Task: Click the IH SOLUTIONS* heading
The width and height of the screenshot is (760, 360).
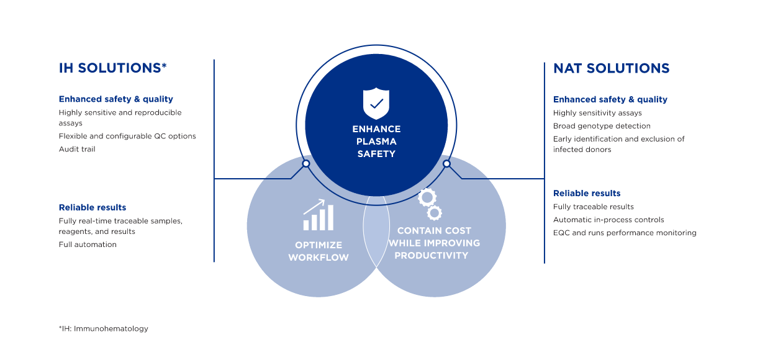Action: (112, 68)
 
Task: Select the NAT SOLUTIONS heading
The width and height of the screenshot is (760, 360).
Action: (612, 68)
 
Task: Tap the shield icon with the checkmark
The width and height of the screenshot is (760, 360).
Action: (376, 104)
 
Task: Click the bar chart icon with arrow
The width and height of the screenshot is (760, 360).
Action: (319, 215)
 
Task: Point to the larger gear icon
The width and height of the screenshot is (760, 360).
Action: (427, 197)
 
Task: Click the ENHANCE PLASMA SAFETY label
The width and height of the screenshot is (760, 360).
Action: (376, 142)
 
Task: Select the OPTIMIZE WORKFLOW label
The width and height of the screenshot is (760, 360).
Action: (319, 251)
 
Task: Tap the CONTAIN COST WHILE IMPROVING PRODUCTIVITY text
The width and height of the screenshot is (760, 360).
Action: (434, 243)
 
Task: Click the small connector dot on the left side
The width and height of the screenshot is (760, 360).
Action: (306, 164)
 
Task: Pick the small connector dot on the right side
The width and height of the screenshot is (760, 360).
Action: (447, 164)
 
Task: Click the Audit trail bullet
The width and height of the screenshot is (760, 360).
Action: (77, 150)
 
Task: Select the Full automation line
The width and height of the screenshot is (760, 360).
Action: (88, 245)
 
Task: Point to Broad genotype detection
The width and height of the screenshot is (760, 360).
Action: (602, 126)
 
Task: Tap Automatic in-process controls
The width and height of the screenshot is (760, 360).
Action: (608, 220)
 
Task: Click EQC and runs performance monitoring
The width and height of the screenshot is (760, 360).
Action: (625, 233)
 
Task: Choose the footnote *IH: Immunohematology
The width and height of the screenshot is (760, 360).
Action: (104, 328)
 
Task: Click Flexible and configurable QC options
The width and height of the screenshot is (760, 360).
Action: (127, 137)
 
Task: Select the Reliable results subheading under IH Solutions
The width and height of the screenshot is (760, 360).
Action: (93, 207)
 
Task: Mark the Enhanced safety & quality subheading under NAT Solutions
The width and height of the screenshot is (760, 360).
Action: (610, 99)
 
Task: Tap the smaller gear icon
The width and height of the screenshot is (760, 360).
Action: (434, 213)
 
